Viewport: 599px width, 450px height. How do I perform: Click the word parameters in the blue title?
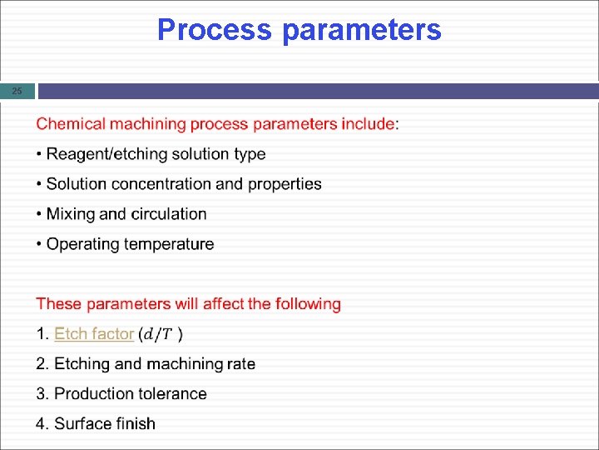coord(362,30)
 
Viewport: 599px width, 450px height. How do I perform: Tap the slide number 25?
coord(17,91)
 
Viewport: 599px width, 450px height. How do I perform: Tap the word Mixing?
coord(70,214)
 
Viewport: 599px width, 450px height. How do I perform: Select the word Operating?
coord(82,244)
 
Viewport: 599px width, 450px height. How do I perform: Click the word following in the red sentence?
coord(308,304)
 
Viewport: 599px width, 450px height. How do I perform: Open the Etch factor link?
coord(93,334)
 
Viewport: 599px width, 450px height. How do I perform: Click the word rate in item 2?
coord(240,364)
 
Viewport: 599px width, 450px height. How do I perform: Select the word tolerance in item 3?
coord(172,393)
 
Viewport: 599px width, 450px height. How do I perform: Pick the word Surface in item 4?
coord(82,423)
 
